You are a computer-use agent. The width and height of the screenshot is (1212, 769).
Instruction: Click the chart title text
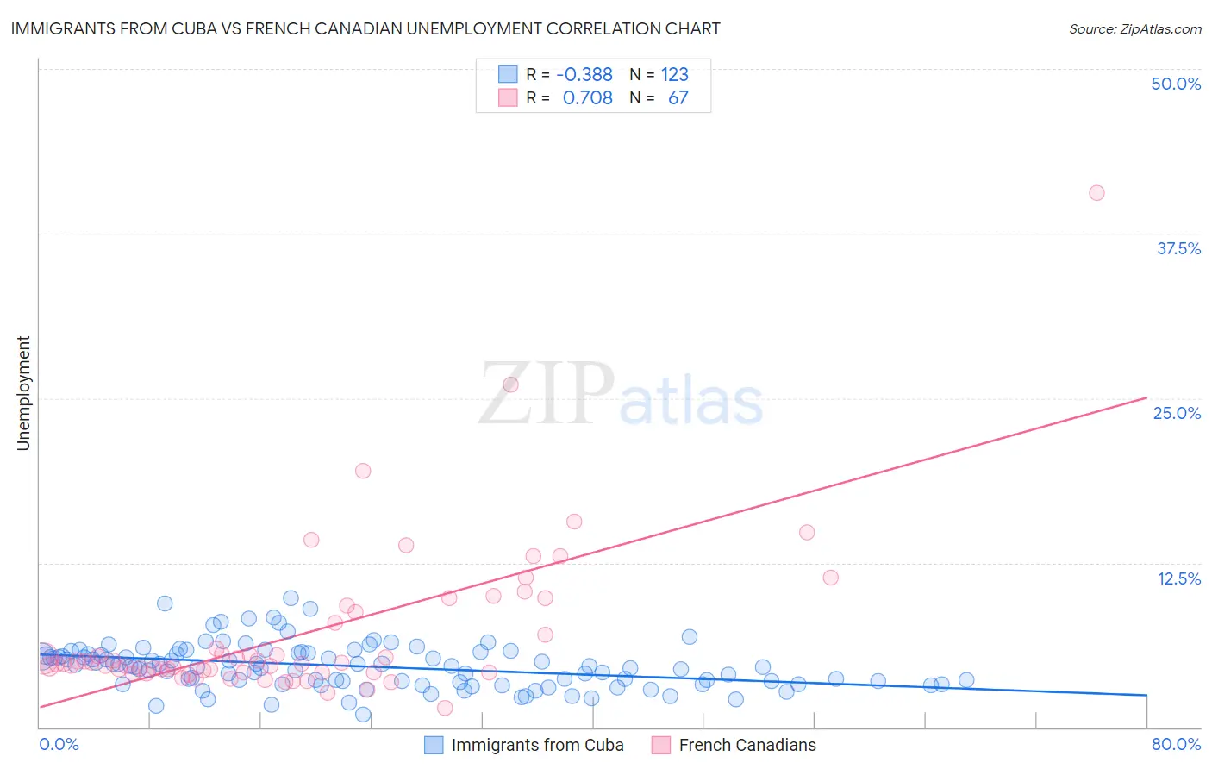[x=365, y=28]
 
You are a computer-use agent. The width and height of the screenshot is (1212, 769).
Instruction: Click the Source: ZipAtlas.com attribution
[x=1134, y=28]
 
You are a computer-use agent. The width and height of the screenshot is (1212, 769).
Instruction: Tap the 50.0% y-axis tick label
[x=1176, y=84]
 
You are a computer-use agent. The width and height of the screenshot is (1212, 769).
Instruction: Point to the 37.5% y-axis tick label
[x=1178, y=248]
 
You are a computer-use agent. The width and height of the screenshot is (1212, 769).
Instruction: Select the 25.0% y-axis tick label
[x=1177, y=413]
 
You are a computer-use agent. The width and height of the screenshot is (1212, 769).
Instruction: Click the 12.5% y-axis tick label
[x=1178, y=578]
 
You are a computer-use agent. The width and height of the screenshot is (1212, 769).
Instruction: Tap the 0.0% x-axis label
[x=59, y=744]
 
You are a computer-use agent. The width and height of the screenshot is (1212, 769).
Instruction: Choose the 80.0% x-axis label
[x=1176, y=744]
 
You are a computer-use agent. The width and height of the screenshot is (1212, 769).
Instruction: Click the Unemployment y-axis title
[x=23, y=393]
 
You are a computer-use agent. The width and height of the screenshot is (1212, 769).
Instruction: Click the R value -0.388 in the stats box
[x=584, y=74]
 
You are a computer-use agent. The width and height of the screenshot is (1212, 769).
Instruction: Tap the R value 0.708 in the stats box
[x=587, y=97]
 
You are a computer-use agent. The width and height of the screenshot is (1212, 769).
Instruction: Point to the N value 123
[x=675, y=74]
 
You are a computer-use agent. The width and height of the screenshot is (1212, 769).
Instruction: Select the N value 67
[x=678, y=97]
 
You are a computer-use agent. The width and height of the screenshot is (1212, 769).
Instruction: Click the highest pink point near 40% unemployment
[x=1096, y=193]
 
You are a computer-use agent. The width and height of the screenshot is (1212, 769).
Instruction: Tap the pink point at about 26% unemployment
[x=510, y=384]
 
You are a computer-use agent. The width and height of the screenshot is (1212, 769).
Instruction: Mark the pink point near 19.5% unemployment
[x=363, y=471]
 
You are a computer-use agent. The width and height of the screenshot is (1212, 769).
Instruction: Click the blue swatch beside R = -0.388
[x=508, y=74]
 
